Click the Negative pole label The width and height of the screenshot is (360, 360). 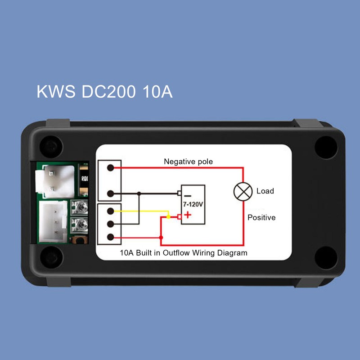(x=188, y=161)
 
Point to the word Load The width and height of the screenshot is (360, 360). (x=265, y=191)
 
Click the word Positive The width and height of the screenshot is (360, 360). (x=261, y=217)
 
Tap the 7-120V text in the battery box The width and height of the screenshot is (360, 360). (x=193, y=204)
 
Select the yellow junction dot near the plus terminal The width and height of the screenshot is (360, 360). (x=168, y=217)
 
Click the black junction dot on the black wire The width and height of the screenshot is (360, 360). (x=139, y=193)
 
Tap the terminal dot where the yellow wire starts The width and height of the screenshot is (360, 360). (x=110, y=211)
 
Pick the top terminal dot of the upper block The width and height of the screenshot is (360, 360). (x=110, y=168)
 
